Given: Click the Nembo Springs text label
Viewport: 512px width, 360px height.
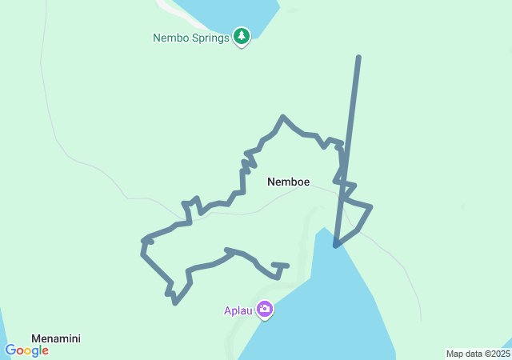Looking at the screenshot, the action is (191, 37).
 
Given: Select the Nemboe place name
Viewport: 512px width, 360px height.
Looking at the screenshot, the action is (288, 182).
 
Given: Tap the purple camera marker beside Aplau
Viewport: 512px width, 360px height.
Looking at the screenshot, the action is (265, 309).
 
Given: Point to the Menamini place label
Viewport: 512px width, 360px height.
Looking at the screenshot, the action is (55, 338).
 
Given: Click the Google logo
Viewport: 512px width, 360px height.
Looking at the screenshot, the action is (26, 350).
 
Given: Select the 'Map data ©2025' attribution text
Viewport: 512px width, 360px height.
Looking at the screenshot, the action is (478, 354).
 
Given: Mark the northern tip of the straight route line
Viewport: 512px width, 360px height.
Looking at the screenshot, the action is (358, 57).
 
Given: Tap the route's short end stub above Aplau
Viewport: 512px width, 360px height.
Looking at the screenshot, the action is (281, 265).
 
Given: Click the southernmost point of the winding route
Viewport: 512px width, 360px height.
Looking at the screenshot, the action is (175, 302).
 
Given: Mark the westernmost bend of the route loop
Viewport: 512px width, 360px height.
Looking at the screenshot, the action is (142, 240).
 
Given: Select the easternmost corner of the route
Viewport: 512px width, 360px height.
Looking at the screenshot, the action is (371, 208).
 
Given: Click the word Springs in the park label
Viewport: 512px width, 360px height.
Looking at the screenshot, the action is (211, 37).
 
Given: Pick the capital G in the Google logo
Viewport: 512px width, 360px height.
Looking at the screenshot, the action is (10, 350).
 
